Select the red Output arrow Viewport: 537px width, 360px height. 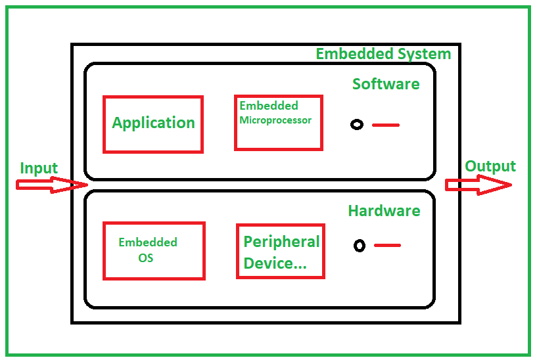(479, 185)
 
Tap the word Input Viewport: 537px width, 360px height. (39, 168)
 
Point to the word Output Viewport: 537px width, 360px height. (490, 166)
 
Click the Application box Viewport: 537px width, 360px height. (153, 124)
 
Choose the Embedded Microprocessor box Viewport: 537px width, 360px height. (278, 123)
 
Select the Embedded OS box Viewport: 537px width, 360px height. (154, 250)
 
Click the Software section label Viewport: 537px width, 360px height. (386, 84)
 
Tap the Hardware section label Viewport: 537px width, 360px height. (384, 211)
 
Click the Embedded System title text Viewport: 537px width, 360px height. (383, 54)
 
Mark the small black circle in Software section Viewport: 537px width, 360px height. (357, 125)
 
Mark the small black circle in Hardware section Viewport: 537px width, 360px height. (359, 246)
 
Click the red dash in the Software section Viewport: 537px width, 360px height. (386, 125)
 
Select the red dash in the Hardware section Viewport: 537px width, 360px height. (387, 246)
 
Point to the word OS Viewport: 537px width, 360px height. (146, 258)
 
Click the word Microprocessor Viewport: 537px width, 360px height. (275, 120)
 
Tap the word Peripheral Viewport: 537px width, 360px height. (281, 242)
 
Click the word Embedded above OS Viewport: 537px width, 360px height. (148, 242)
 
